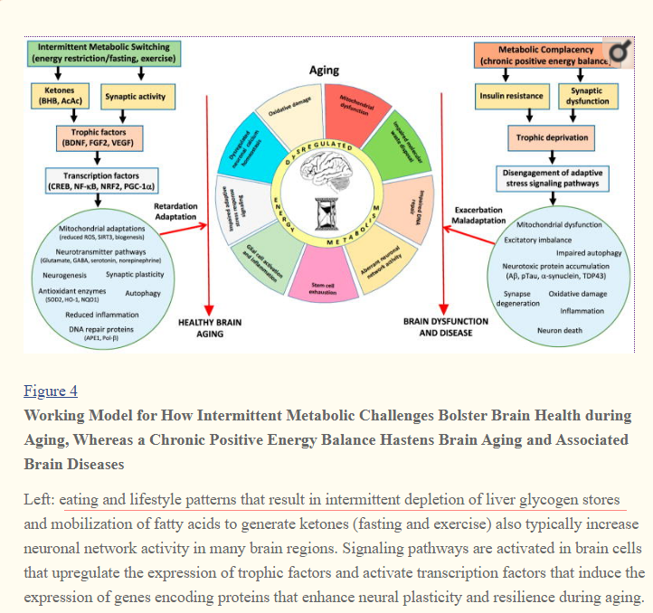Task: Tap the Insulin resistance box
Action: pos(511,96)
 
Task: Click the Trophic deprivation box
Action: pos(552,138)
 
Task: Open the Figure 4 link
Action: pos(51,391)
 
